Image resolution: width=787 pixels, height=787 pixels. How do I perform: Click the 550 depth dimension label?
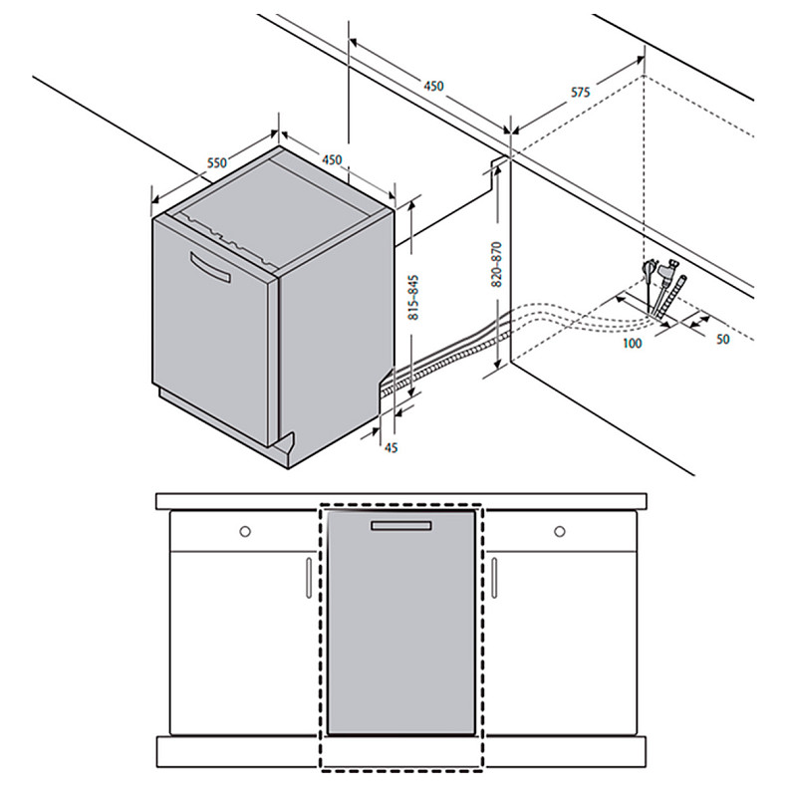218,162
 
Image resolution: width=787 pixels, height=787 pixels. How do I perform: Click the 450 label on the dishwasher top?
332,160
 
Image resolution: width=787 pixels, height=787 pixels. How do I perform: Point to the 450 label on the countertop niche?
433,87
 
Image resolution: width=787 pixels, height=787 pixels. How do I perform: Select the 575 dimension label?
580,93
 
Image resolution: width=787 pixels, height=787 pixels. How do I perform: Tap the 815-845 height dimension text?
413,297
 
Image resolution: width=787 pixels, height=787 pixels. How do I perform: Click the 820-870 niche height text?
497,264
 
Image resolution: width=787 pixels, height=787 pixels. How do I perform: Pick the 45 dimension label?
390,446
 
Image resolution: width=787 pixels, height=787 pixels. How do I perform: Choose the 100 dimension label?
632,344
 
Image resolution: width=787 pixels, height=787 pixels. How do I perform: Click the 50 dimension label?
722,340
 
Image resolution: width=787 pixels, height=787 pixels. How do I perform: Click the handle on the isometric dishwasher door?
210,267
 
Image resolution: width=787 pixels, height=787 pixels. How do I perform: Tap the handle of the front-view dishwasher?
401,526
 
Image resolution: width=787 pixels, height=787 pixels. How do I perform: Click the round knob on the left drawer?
245,531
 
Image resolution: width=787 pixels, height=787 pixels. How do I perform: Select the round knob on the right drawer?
560,531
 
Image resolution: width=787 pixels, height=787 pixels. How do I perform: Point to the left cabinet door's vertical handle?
309,577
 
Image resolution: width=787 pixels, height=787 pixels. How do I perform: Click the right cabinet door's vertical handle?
494,577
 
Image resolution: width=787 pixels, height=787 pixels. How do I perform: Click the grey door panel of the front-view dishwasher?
401,623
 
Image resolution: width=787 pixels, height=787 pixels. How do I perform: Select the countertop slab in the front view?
401,501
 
